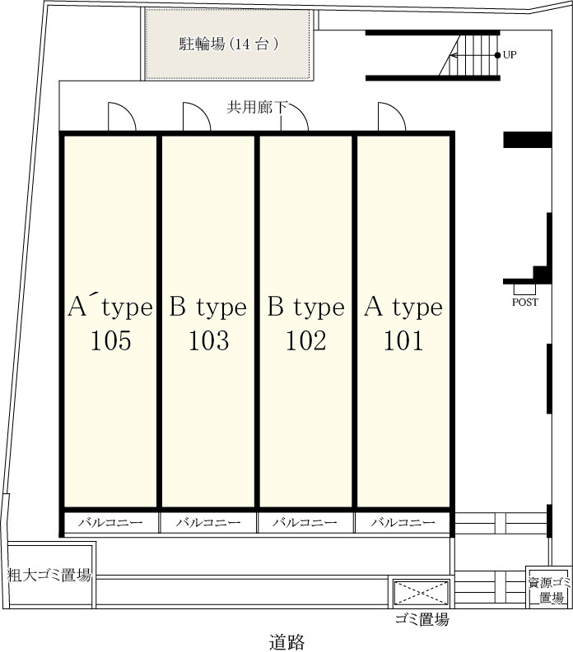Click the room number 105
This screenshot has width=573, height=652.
point(111,340)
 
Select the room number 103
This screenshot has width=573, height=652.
point(208,340)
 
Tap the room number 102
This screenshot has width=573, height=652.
point(306,340)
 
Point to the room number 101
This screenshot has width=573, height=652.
point(403,340)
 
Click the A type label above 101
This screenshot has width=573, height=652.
point(403,308)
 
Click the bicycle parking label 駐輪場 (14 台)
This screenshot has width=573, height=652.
point(229,44)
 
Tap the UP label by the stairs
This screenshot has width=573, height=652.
point(510,55)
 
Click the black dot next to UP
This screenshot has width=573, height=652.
point(497,55)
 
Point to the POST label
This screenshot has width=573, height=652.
point(524,303)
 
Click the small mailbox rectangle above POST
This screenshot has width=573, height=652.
point(524,289)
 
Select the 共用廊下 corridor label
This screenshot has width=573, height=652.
point(257,108)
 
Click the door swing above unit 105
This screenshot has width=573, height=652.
point(122,116)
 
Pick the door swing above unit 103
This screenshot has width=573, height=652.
point(197,116)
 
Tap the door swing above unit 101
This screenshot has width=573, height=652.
point(392,116)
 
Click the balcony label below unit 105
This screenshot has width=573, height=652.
point(110,523)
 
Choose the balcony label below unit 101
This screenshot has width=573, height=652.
point(403,523)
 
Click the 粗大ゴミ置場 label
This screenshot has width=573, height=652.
point(49,576)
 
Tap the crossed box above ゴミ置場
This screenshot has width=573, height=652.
point(421,593)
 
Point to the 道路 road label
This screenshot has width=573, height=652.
point(286,641)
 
